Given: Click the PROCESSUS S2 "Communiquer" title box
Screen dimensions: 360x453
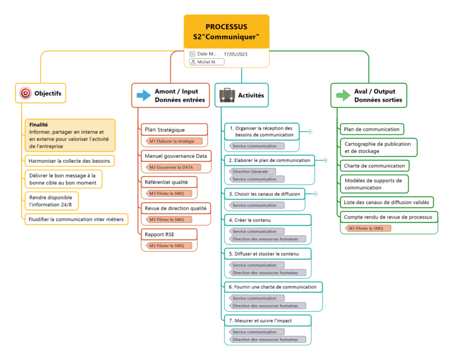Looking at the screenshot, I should pyautogui.click(x=226, y=31).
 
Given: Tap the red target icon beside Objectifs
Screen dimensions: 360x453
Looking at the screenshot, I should pyautogui.click(x=26, y=93).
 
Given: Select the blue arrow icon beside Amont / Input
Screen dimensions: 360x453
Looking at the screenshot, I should pyautogui.click(x=143, y=95).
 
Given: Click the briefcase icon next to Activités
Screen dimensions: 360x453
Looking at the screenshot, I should pyautogui.click(x=227, y=95).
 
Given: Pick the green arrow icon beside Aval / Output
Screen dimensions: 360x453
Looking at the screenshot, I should pyautogui.click(x=343, y=95).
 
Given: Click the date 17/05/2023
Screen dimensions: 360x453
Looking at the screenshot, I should pyautogui.click(x=235, y=54).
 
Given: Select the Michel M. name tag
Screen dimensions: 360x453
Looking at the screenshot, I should pyautogui.click(x=203, y=62).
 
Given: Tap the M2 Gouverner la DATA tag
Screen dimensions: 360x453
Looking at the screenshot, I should pyautogui.click(x=172, y=167).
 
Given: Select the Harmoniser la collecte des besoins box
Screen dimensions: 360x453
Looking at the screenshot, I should pyautogui.click(x=68, y=160).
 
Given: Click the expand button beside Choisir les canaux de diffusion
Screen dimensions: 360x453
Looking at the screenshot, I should pyautogui.click(x=315, y=193).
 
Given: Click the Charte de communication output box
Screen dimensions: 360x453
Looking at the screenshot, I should pyautogui.click(x=374, y=166).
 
